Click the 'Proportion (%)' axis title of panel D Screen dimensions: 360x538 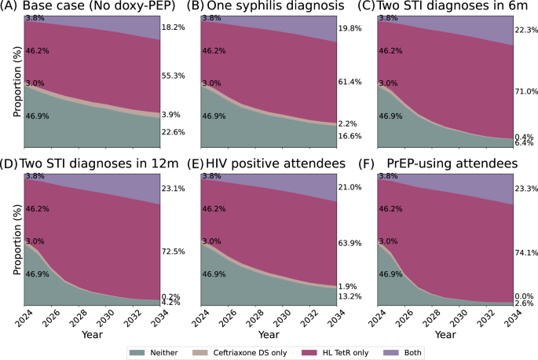point(8,237)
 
